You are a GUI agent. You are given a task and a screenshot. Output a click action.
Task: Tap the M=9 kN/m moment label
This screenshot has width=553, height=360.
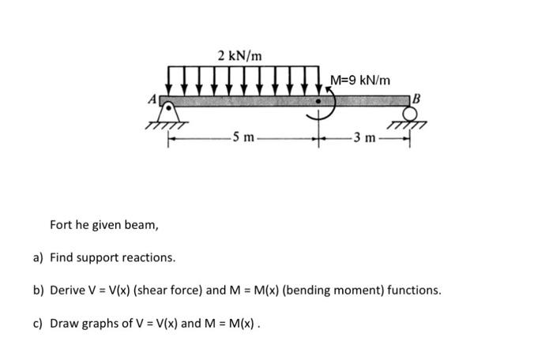click(x=359, y=81)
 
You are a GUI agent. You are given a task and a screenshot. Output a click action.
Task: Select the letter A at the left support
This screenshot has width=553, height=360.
click(x=156, y=99)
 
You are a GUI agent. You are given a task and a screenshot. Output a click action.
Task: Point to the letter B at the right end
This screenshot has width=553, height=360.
click(x=417, y=99)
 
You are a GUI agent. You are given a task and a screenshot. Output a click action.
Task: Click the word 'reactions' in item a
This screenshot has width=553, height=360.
click(x=150, y=258)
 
